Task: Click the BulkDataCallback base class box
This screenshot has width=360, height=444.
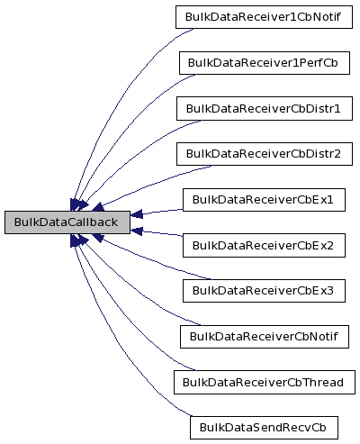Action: tap(67, 222)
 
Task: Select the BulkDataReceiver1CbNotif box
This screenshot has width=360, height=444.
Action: tap(263, 17)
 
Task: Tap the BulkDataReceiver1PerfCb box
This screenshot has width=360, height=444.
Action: tap(263, 63)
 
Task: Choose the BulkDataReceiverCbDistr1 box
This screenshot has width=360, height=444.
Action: tap(263, 108)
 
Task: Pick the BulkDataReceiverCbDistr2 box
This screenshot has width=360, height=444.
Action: tap(263, 153)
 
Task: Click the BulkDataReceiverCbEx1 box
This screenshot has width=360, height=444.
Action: tap(263, 199)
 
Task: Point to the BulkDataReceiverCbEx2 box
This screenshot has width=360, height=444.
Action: tap(263, 245)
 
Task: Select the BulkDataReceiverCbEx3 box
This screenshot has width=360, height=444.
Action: tap(263, 290)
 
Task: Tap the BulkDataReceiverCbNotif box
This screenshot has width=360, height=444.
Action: tap(263, 336)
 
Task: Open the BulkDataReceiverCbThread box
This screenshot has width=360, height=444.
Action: tap(263, 382)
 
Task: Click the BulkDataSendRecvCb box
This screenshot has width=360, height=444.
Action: tap(263, 427)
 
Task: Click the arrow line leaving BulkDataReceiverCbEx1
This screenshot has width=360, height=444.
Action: tap(157, 211)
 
